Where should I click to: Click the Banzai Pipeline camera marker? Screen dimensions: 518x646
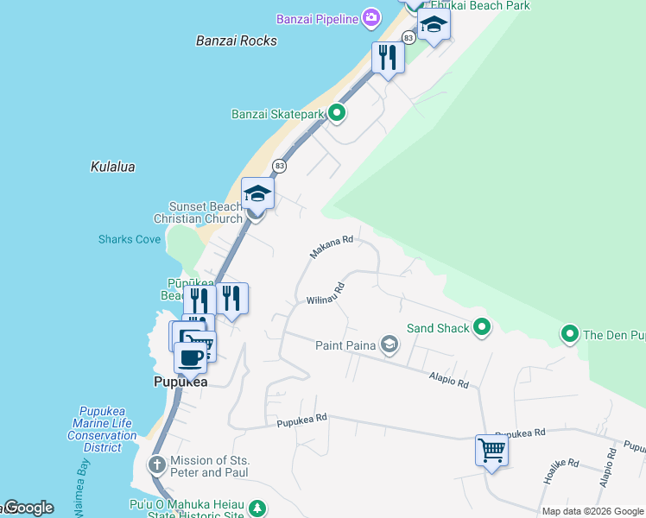pos(371,17)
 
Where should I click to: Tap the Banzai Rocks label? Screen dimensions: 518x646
pos(237,41)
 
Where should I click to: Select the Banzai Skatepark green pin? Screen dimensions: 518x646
pos(337,113)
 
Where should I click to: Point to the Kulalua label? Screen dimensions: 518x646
pos(112,167)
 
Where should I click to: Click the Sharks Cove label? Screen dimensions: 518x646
pos(130,239)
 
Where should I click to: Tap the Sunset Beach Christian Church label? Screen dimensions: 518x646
pos(206,212)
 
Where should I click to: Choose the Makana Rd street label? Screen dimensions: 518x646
pos(332,248)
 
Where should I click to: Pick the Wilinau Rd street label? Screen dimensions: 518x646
pos(326,294)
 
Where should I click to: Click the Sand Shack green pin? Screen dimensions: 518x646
pos(483,327)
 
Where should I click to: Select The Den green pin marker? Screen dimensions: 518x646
pos(570,334)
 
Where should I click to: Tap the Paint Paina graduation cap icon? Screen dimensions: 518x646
pos(389,345)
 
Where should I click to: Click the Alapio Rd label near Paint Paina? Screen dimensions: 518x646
pos(449,379)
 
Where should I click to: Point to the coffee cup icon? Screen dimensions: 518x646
pos(191,356)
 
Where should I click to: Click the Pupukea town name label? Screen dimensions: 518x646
pos(180,382)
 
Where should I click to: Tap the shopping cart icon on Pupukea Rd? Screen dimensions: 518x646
pos(491,449)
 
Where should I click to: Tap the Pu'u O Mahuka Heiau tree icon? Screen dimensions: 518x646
pos(256,507)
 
